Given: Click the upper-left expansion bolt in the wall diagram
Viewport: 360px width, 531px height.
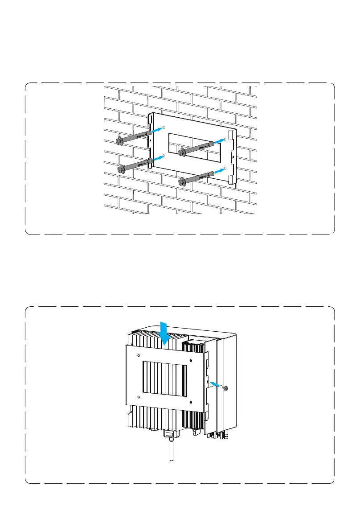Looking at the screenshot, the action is tap(134, 137).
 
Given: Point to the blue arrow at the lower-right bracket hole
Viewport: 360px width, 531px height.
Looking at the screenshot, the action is tap(218, 170).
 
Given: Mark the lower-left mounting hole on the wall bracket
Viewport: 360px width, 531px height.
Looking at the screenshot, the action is tap(164, 156).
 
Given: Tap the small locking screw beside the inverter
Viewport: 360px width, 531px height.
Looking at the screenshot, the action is tap(225, 388).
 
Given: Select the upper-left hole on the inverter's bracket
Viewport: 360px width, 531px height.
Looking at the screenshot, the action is tap(139, 355).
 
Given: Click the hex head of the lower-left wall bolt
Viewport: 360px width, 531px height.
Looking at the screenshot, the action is tap(120, 169).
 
